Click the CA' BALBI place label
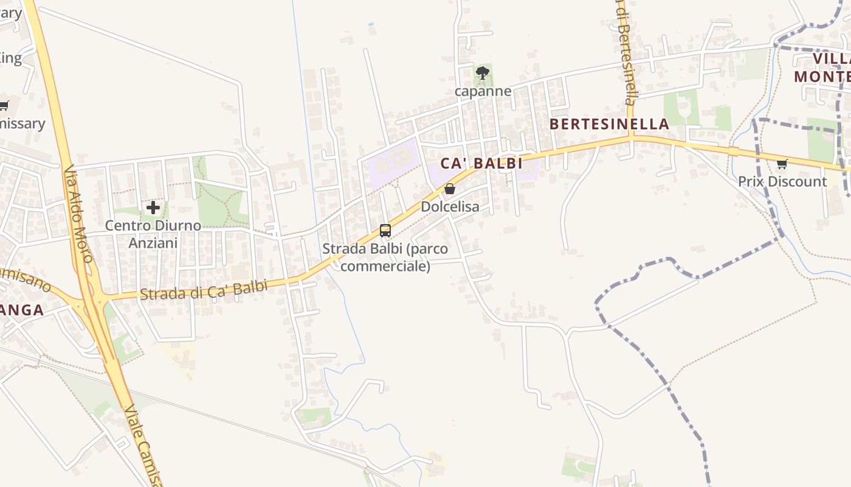[481, 163]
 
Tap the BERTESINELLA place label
[609, 124]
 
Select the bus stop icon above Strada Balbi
[385, 231]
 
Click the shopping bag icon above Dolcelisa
[450, 189]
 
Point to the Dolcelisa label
[450, 207]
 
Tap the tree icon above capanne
[483, 74]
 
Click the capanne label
[483, 92]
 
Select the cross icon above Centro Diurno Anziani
[153, 208]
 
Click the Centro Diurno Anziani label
[153, 234]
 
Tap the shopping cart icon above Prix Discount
[782, 163]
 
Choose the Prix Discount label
[782, 181]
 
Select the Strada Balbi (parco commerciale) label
[385, 258]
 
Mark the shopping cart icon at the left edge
[4, 105]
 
